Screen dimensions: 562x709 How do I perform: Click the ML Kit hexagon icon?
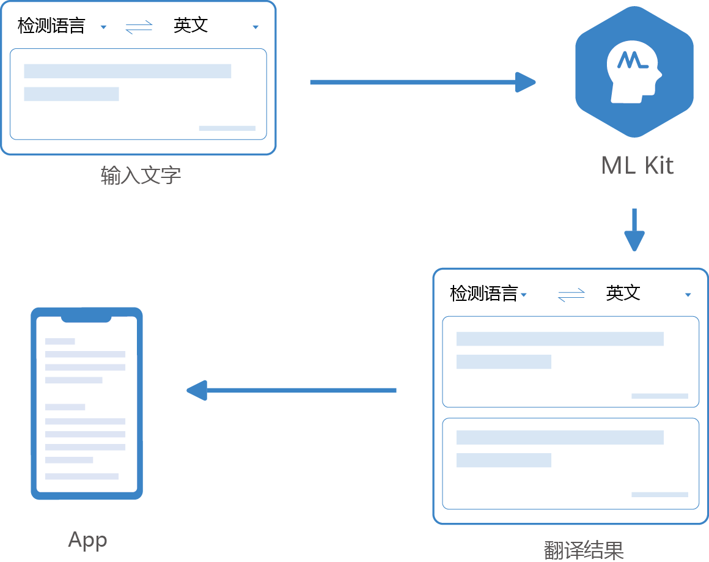[x=634, y=72]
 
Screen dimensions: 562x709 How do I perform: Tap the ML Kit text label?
[x=637, y=166]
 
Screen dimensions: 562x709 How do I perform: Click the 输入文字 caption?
[x=141, y=176]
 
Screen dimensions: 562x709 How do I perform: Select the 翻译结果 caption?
[x=584, y=549]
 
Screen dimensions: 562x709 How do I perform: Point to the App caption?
[x=87, y=539]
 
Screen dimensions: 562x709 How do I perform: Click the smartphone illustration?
[x=87, y=404]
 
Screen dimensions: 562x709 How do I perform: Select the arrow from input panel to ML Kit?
[x=422, y=82]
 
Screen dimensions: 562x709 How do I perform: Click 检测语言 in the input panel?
[x=51, y=26]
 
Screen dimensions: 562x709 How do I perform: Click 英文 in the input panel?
[x=191, y=26]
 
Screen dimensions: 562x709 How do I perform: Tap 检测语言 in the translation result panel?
[x=483, y=294]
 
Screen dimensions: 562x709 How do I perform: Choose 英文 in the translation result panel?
[x=623, y=294]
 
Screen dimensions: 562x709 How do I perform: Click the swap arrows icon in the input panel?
[x=139, y=28]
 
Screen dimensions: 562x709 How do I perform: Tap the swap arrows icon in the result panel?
[x=571, y=295]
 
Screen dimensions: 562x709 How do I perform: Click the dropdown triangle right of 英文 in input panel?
[x=255, y=28]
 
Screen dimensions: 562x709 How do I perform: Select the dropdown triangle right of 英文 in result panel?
[x=688, y=295]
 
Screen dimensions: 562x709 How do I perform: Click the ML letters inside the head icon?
[x=632, y=60]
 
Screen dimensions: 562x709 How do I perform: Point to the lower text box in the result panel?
[x=570, y=464]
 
